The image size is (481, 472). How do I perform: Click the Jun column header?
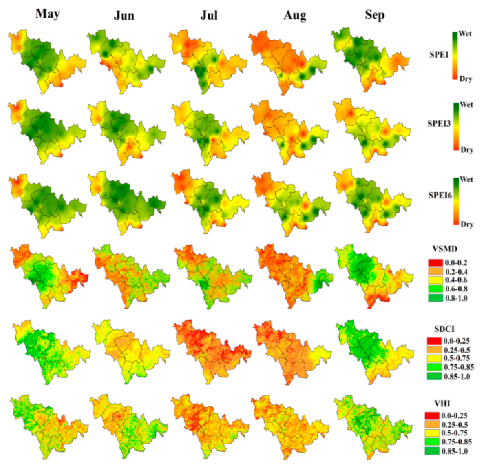[x=124, y=15]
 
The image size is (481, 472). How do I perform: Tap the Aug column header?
[x=295, y=15]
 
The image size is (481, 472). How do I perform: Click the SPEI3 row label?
[x=439, y=124]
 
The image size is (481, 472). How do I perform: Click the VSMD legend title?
[x=445, y=249]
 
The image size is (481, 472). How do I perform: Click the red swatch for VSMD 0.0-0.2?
[x=436, y=263]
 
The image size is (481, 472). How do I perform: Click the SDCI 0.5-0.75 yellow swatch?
[x=434, y=358]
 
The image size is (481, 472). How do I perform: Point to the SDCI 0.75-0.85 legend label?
[x=459, y=367]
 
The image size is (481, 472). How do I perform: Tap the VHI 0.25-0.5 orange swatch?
[x=432, y=424]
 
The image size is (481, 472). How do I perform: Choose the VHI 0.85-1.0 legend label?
[x=454, y=451]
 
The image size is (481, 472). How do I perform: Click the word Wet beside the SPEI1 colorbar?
[x=465, y=33]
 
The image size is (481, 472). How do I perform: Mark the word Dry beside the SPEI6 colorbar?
[x=467, y=224]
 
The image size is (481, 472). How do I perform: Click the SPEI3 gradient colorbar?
[x=456, y=126]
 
